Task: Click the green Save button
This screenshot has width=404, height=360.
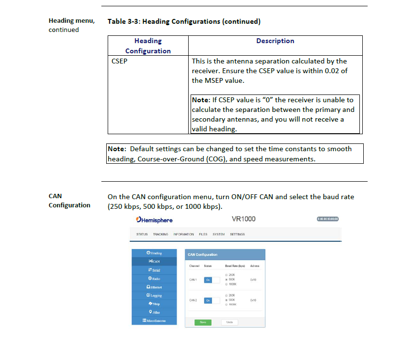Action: pos(203,322)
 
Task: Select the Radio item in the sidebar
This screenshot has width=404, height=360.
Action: pos(155,279)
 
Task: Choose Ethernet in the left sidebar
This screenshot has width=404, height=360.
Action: pos(155,287)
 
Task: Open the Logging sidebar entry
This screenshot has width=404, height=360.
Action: pos(155,296)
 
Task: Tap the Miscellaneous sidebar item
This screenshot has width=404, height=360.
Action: pos(155,321)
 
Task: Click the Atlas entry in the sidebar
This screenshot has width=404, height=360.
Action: pos(155,313)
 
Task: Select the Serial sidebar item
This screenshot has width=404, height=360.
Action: pos(155,270)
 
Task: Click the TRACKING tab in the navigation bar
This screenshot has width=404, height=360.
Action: pos(161,235)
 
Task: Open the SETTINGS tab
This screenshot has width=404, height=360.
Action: pos(237,235)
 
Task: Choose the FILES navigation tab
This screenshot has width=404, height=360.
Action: pos(203,235)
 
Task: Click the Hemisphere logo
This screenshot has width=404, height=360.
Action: pos(154,220)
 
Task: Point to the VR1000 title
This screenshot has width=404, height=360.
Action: pos(243,219)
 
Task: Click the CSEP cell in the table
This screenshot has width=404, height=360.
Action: pos(119,62)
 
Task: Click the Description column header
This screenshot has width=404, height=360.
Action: pos(275,41)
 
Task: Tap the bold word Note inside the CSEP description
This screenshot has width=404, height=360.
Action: pos(200,100)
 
